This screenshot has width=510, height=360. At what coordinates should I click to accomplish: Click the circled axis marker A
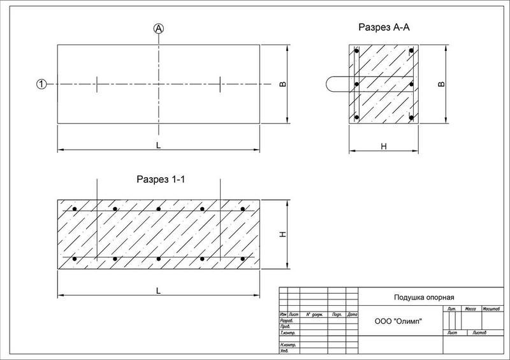(x=159, y=28)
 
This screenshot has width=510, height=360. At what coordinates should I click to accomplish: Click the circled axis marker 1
(x=41, y=84)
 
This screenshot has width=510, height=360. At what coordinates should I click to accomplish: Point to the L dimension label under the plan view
(x=159, y=145)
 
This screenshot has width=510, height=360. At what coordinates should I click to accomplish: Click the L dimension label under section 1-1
(x=159, y=291)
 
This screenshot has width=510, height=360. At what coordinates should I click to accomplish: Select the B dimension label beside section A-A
(x=441, y=84)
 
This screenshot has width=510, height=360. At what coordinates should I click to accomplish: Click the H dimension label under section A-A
(x=383, y=147)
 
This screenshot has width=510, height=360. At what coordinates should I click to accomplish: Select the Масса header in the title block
(x=472, y=308)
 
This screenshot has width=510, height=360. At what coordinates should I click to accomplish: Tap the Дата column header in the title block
(x=352, y=314)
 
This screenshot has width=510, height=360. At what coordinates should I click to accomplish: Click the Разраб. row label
(x=286, y=320)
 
